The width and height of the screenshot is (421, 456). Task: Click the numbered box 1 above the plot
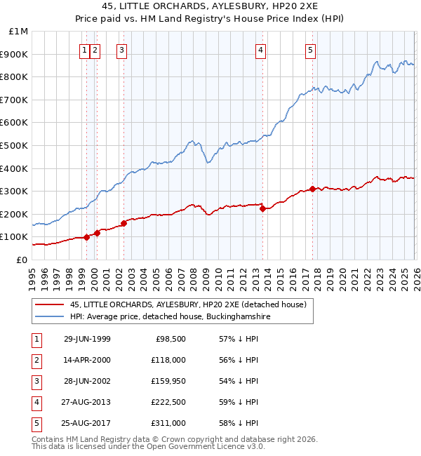(x=84, y=50)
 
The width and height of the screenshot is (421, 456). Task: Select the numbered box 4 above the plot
(x=260, y=50)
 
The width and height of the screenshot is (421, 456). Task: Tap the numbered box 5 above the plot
(x=310, y=50)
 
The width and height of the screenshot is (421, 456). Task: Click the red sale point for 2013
(x=262, y=208)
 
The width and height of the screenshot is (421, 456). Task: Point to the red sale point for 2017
(x=312, y=189)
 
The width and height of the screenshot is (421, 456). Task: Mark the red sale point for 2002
(x=123, y=223)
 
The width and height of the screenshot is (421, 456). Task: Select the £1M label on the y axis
(x=18, y=32)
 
